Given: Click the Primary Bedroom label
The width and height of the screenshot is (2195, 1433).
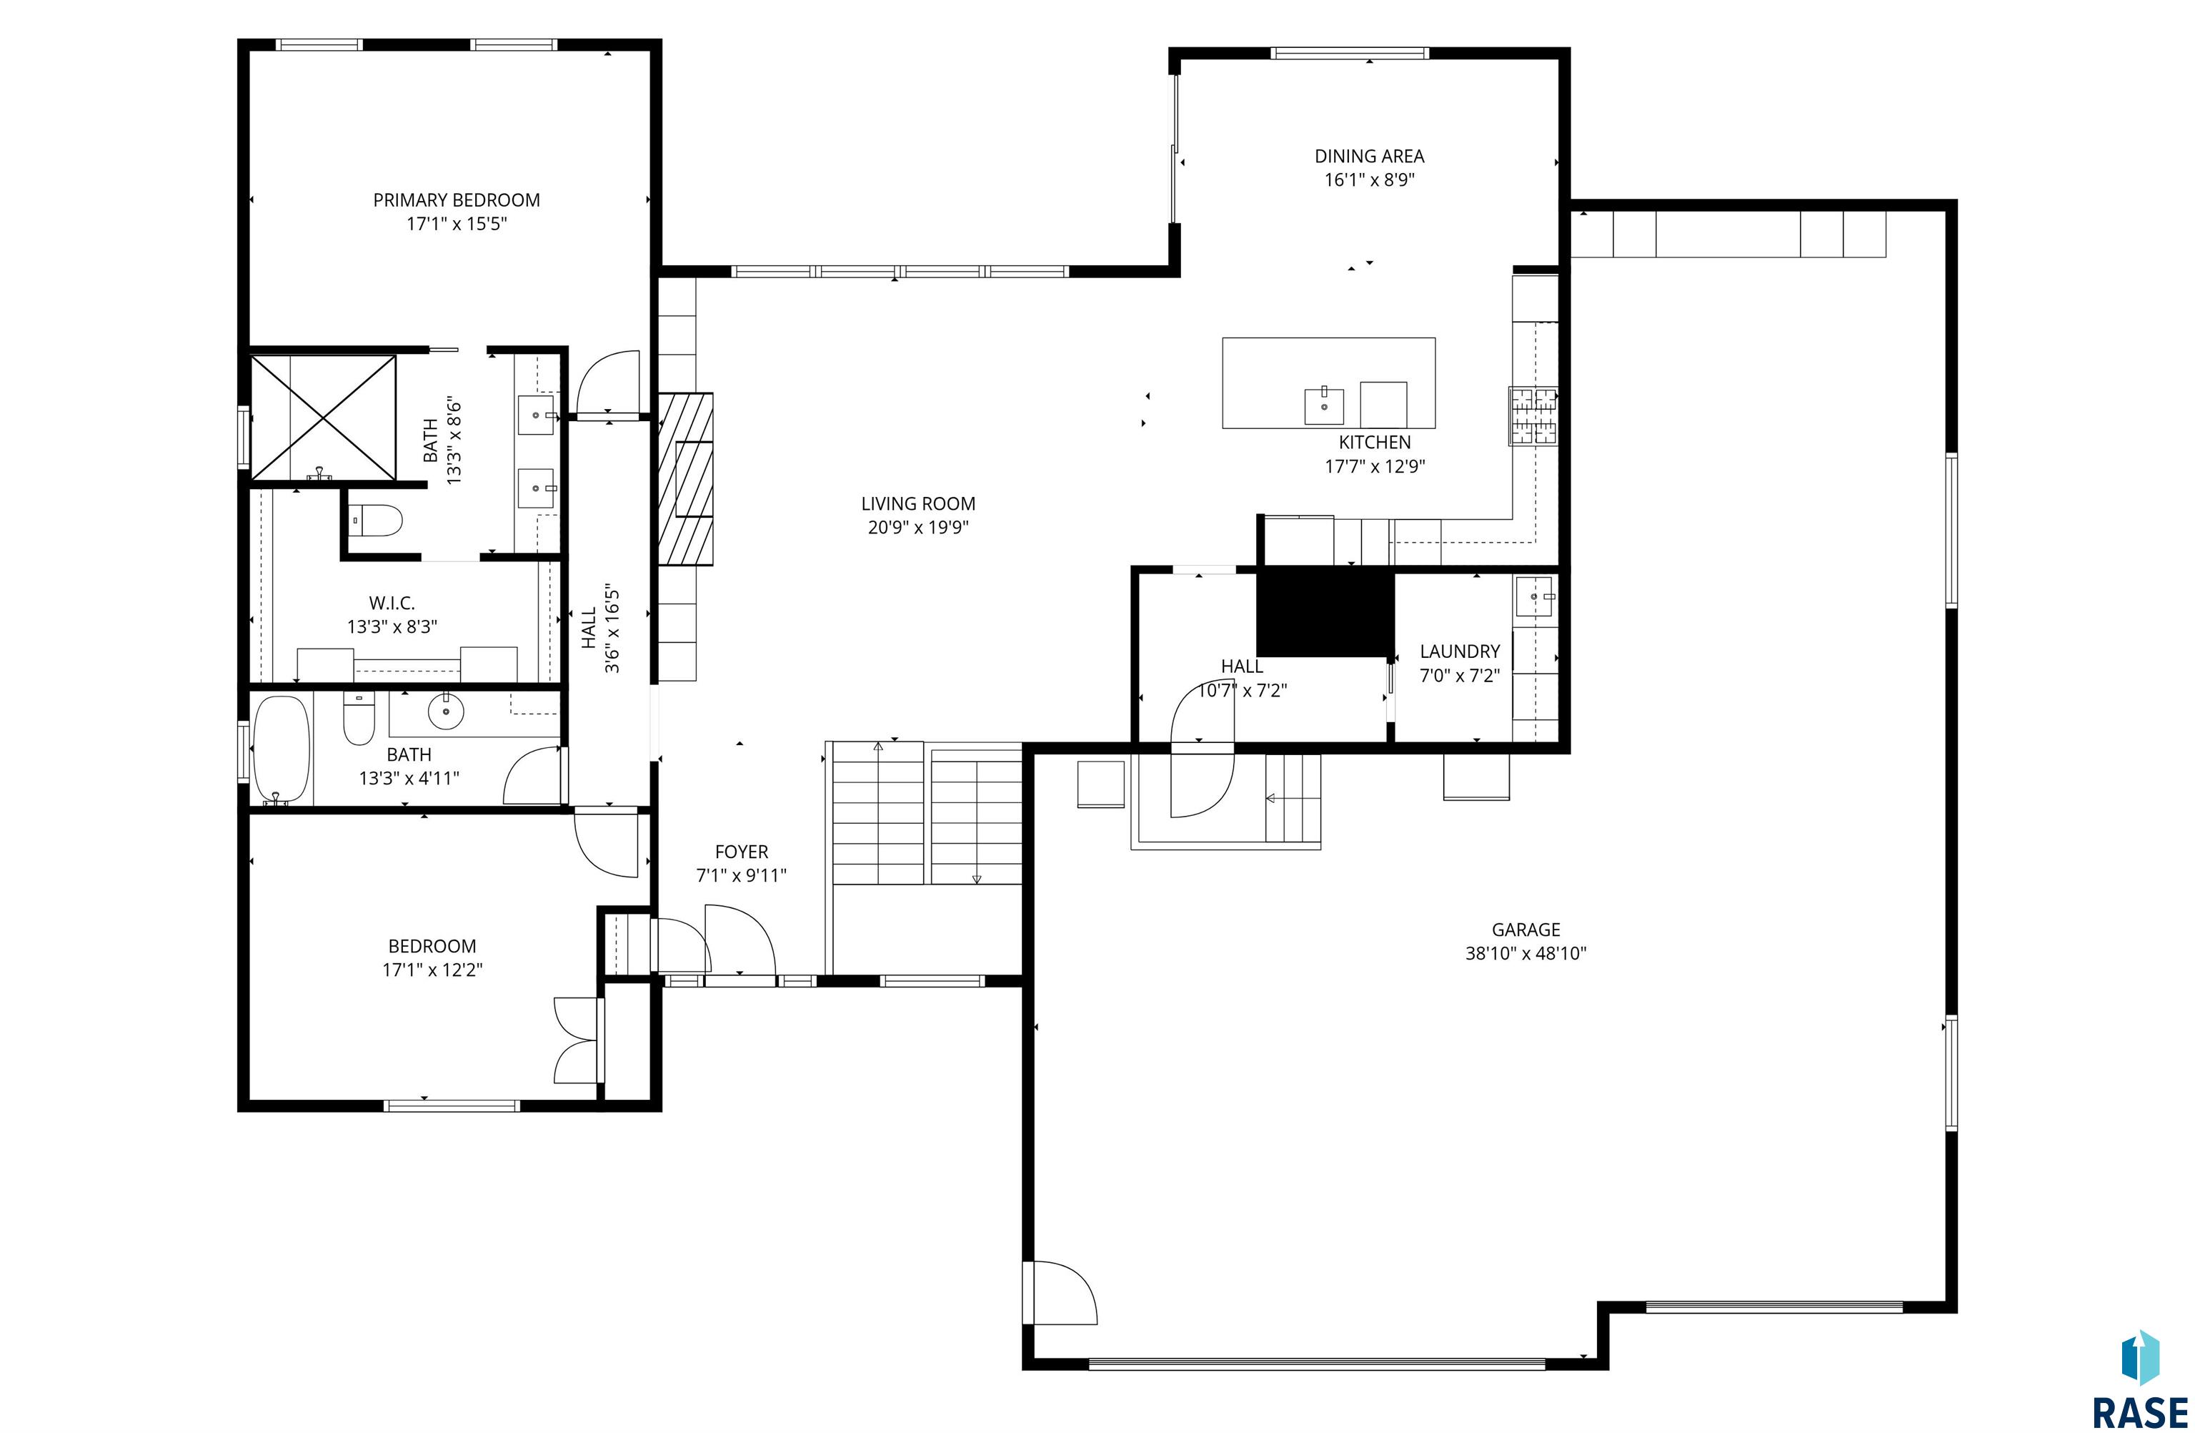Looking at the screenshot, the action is (x=457, y=200).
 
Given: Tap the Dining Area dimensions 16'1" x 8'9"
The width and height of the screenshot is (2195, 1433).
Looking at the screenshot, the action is (x=1370, y=180).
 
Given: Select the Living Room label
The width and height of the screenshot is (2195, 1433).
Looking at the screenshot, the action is (x=917, y=504).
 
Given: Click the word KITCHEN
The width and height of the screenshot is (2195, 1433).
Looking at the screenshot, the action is (x=1374, y=442).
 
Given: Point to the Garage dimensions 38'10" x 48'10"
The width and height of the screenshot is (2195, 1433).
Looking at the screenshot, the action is (x=1525, y=953).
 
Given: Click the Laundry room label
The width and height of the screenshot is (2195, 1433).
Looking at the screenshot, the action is (x=1459, y=651).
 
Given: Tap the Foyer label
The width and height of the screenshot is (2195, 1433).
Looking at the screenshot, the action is (x=742, y=852).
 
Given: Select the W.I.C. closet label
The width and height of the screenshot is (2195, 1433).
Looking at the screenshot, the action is (x=392, y=604).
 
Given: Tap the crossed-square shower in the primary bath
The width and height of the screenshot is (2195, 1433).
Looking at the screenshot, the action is (x=323, y=418).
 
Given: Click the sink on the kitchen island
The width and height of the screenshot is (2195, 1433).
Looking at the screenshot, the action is (x=1325, y=405).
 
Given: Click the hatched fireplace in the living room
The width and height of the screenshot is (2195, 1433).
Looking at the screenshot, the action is (x=685, y=479).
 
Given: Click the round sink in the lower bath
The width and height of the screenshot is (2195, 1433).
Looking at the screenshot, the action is (x=445, y=711).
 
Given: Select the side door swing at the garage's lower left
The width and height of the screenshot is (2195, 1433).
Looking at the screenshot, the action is (x=1060, y=1292).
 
